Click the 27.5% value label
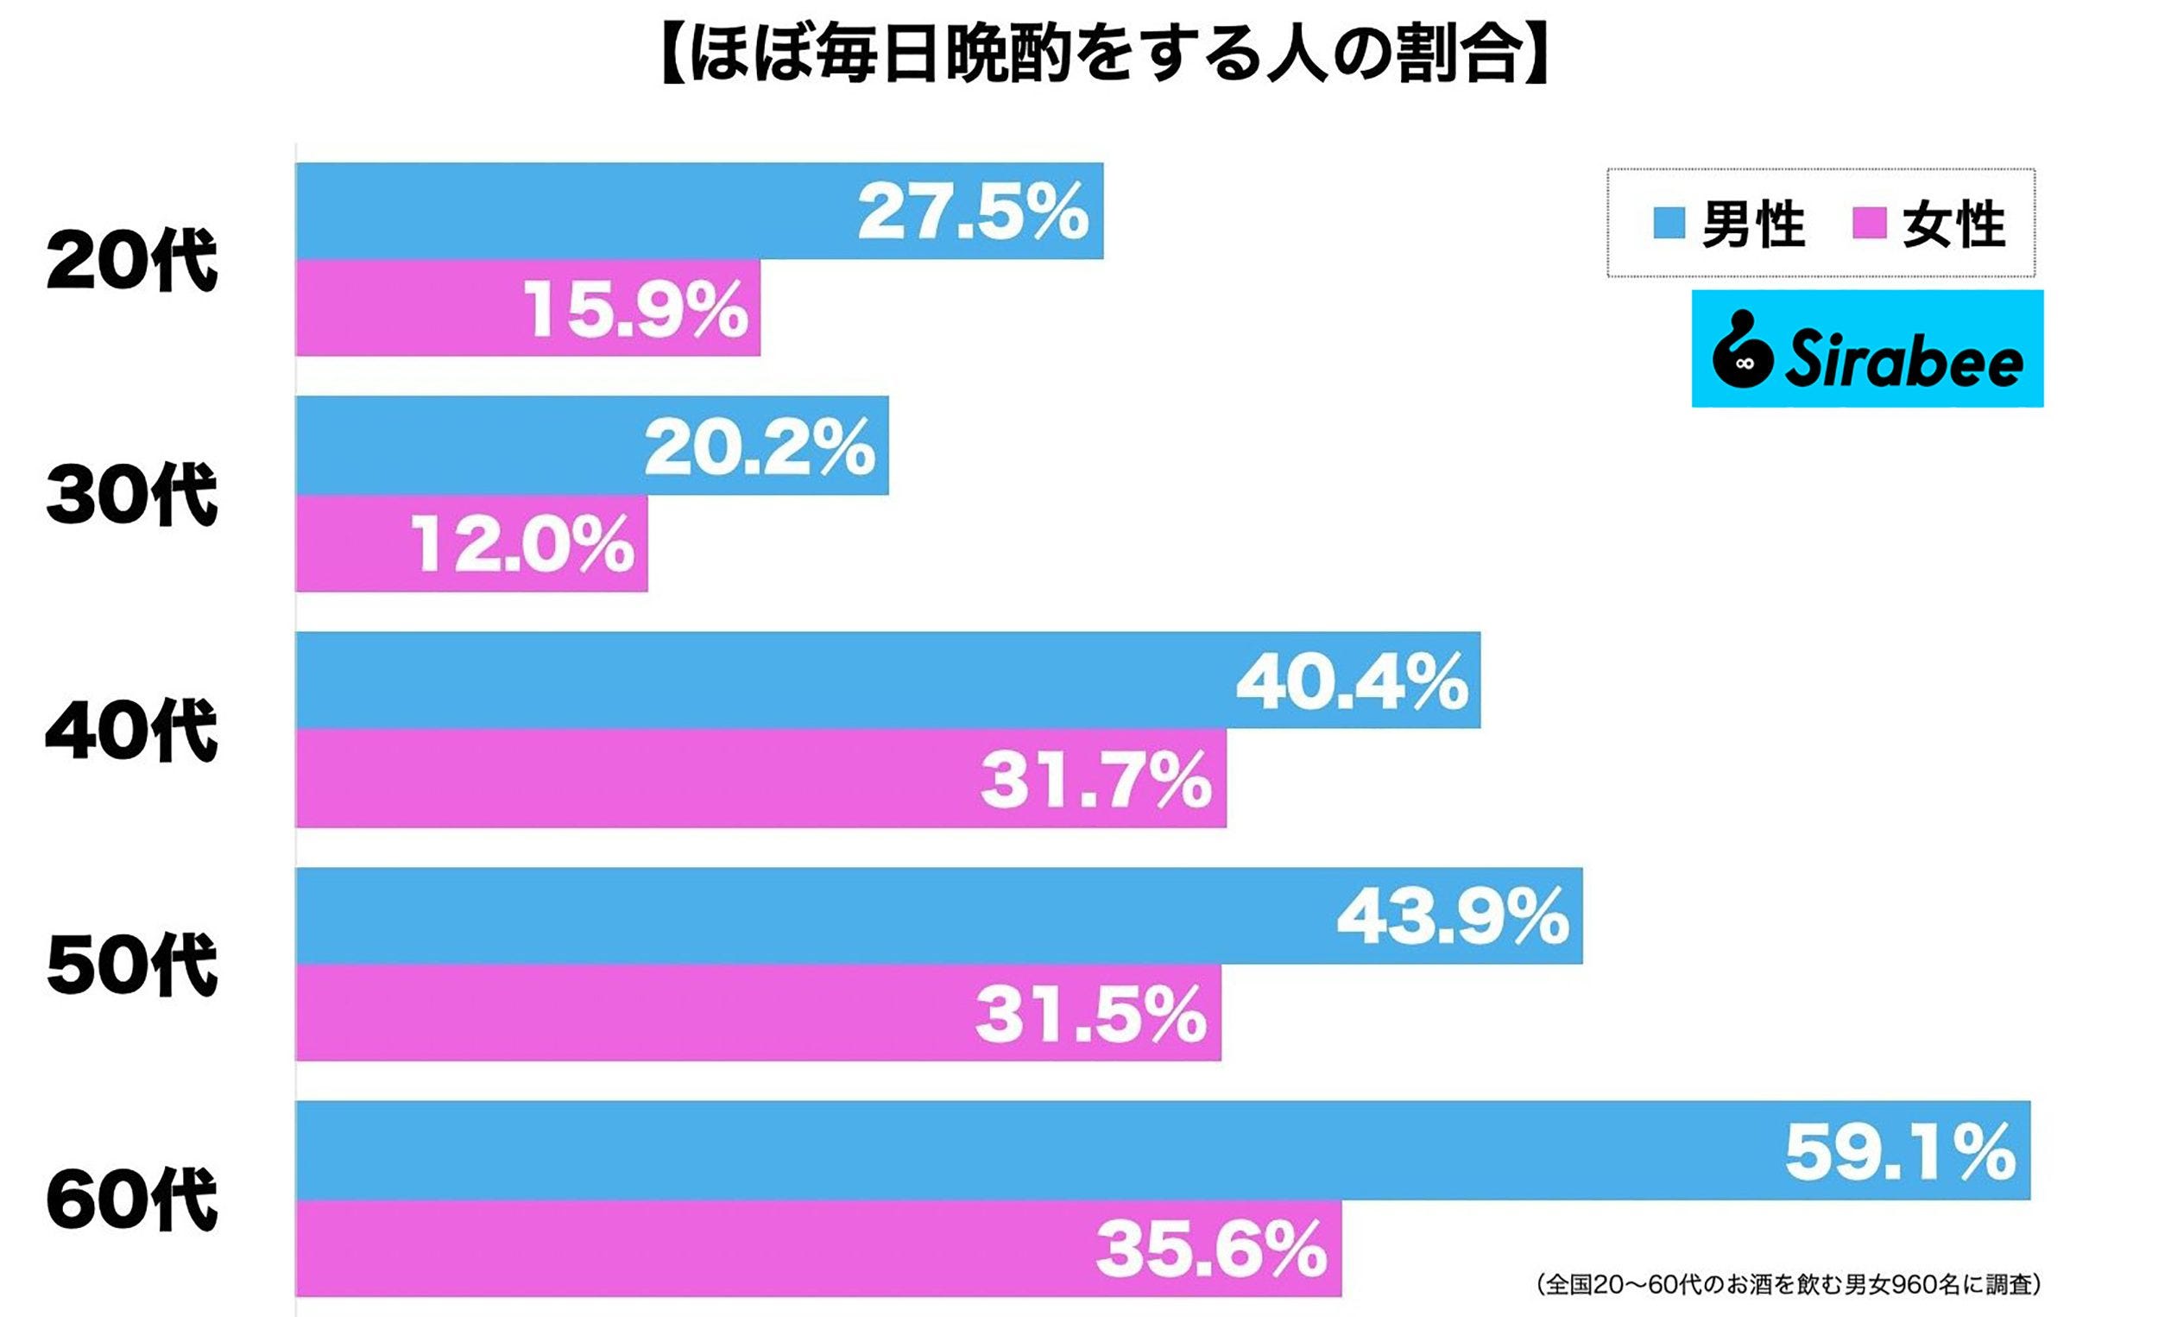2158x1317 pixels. [x=972, y=212]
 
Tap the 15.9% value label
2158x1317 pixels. [x=636, y=309]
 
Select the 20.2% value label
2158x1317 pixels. [x=760, y=446]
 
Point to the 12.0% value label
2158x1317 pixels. [x=522, y=544]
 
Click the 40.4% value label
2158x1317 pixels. [x=1352, y=681]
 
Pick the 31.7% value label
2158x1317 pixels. [x=1095, y=780]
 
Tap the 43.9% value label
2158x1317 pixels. [x=1453, y=916]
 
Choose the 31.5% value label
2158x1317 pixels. [x=1091, y=1015]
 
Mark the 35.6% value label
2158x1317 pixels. [x=1211, y=1250]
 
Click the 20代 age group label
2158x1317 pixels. [x=131, y=260]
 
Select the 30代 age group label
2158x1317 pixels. [x=131, y=495]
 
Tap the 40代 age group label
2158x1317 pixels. [x=131, y=730]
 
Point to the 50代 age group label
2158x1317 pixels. [x=131, y=965]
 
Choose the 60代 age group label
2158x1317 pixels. [x=131, y=1200]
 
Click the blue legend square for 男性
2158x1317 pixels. [x=1669, y=223]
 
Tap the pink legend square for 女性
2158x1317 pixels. [x=1869, y=223]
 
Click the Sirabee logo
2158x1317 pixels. [x=1867, y=349]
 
